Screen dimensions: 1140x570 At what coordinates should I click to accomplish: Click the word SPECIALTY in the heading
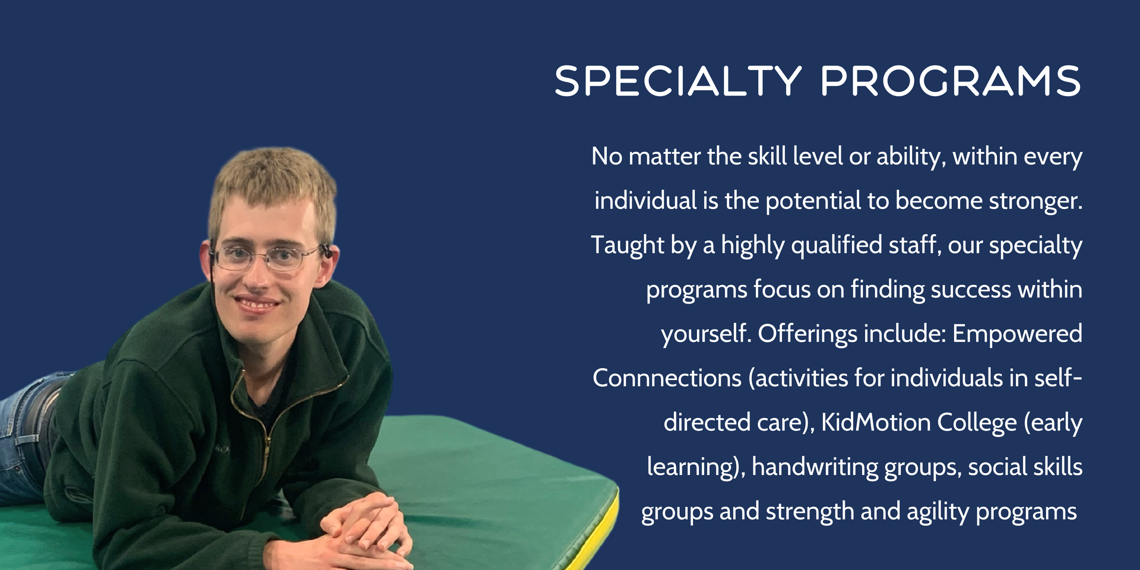click(x=678, y=81)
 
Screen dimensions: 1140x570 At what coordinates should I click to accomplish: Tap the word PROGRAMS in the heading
click(x=951, y=81)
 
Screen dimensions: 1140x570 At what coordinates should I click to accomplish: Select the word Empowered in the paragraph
click(x=1017, y=334)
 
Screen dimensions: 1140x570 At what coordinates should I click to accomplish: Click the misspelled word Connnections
click(x=667, y=378)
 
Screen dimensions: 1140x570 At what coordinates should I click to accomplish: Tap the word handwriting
click(x=815, y=467)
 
